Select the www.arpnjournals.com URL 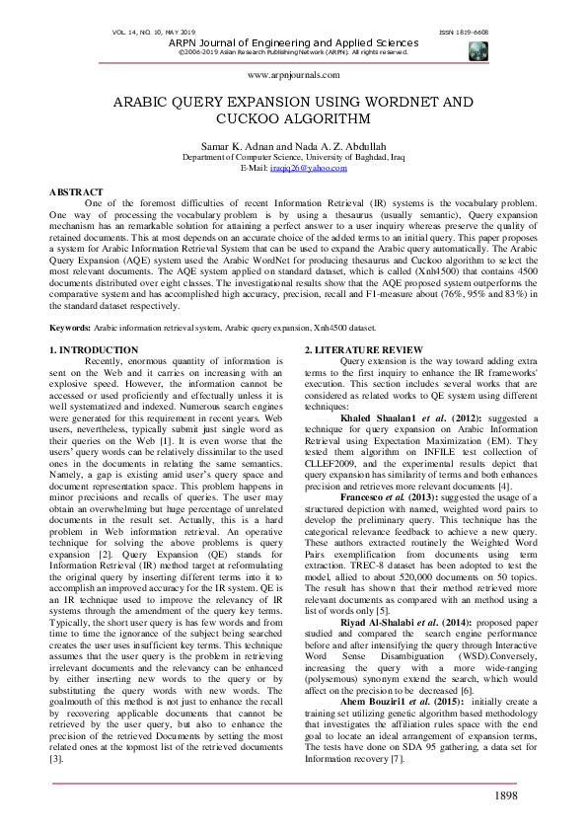[293, 74]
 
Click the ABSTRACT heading [76, 191]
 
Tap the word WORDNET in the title [400, 103]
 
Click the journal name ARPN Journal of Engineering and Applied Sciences [293, 43]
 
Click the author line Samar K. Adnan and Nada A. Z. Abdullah [293, 146]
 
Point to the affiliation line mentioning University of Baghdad [293, 158]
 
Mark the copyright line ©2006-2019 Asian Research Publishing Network [293, 52]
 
